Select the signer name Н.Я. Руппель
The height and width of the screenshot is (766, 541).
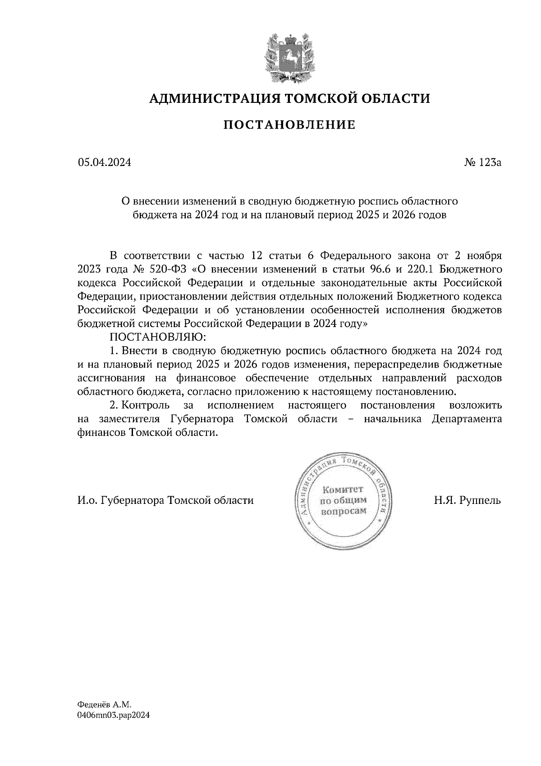468,501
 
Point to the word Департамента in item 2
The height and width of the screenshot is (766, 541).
466,419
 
